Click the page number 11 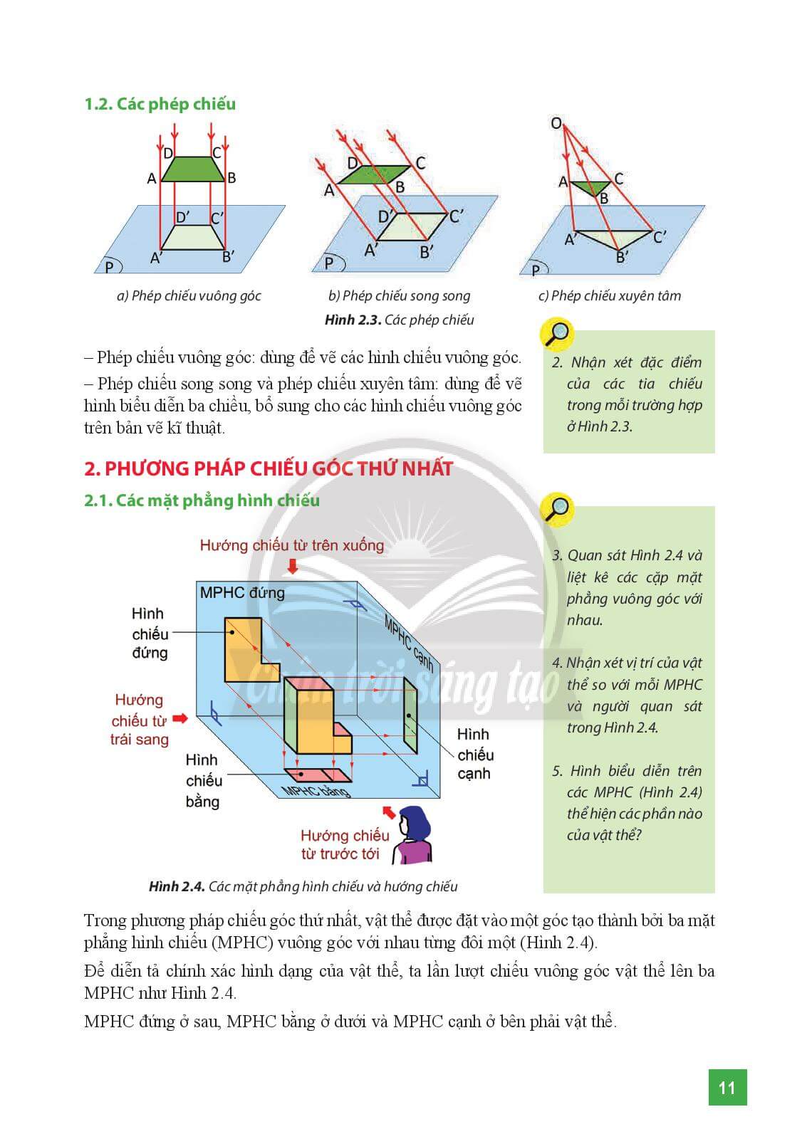point(727,1087)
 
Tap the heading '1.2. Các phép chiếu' point(160,104)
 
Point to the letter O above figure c point(556,123)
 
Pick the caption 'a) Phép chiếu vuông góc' point(189,295)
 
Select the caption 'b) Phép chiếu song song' point(399,295)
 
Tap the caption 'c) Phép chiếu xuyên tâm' point(609,295)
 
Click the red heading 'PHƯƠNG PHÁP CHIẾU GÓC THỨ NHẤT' point(269,468)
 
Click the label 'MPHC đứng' point(242,592)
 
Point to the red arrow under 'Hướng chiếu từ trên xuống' point(291,566)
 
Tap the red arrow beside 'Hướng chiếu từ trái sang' point(180,718)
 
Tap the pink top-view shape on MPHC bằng point(318,775)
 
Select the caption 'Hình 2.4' point(177,886)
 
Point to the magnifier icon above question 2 point(558,333)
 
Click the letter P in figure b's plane point(328,263)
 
